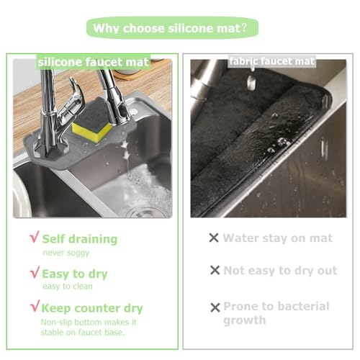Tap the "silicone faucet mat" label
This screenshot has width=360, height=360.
click(x=94, y=62)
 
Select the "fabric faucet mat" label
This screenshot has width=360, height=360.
click(x=271, y=61)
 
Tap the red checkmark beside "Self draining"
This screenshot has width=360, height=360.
click(x=35, y=237)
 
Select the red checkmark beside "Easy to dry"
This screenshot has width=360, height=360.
click(x=35, y=272)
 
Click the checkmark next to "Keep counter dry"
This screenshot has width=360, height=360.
click(x=35, y=306)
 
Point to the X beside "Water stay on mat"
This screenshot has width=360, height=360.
click(x=214, y=238)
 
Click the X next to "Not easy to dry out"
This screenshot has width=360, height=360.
click(x=215, y=270)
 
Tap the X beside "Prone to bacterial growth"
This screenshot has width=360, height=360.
click(x=215, y=307)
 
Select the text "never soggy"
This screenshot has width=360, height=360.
click(x=66, y=253)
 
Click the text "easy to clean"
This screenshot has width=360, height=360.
click(x=68, y=286)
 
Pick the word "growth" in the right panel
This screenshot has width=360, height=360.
click(x=245, y=320)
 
